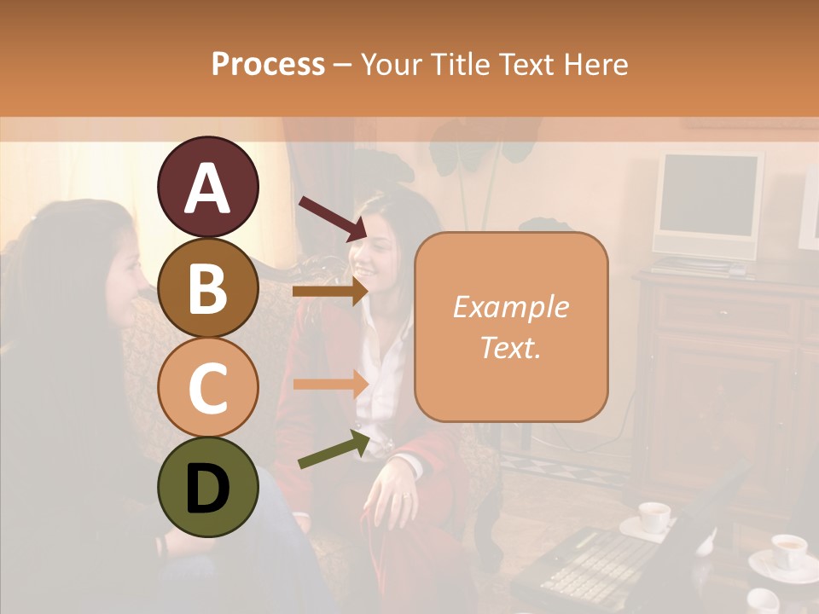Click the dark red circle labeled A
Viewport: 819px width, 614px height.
point(207,187)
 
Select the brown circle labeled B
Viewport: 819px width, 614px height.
point(207,287)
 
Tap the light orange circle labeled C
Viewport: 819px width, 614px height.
point(207,388)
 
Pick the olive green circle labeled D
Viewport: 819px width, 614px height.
point(207,489)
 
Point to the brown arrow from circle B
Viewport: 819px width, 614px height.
point(330,292)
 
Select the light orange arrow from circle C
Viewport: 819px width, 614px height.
point(330,384)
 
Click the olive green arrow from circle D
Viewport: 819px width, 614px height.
point(334,449)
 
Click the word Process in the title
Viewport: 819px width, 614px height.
point(268,65)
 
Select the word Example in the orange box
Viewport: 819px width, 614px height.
point(510,307)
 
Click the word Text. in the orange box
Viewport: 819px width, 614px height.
point(510,348)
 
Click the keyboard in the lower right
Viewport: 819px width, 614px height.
point(597,563)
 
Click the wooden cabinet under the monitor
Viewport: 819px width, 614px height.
point(725,375)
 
